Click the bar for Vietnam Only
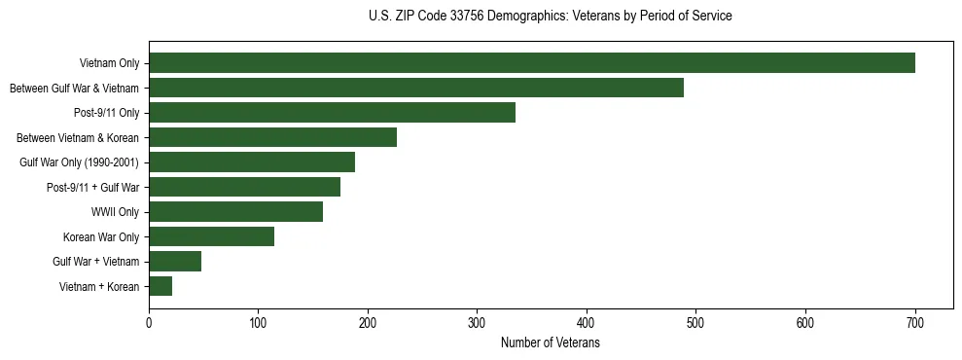tap(531, 63)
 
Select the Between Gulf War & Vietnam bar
tap(415, 88)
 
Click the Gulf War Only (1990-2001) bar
tap(251, 162)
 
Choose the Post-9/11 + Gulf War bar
tap(244, 187)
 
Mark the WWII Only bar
tap(235, 212)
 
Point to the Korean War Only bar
tap(211, 236)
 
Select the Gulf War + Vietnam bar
tap(175, 262)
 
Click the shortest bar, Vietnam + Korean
tap(160, 286)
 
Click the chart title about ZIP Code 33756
tap(551, 17)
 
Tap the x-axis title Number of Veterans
tap(550, 343)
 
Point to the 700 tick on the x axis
tap(914, 323)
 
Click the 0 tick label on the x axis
tap(149, 323)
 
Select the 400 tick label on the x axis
tap(587, 323)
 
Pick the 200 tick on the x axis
tap(368, 323)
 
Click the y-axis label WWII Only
tap(115, 212)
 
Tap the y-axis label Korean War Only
tap(101, 236)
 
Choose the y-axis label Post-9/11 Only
tap(106, 113)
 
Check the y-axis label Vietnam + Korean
tap(99, 286)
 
